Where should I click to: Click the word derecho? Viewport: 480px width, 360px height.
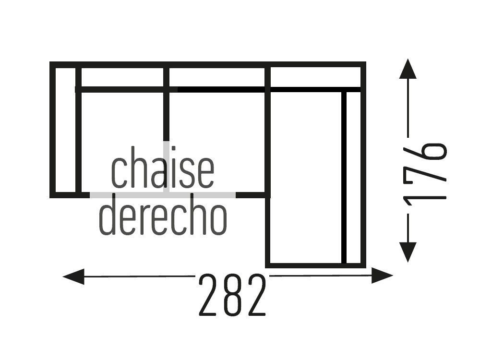tap(163, 214)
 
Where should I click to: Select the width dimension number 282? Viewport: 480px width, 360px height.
tap(232, 295)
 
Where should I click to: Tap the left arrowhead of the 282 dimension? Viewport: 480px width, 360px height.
tap(73, 277)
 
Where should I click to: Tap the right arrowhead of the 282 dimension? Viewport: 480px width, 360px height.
tap(382, 276)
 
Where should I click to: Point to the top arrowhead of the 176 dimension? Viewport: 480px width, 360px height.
tap(408, 69)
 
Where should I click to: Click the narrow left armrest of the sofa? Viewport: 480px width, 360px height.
tap(65, 130)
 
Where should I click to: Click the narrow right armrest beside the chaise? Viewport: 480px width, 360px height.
tap(354, 177)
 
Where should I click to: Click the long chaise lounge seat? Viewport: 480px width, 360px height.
tap(306, 177)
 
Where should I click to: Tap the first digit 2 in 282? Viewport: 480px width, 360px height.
tap(210, 295)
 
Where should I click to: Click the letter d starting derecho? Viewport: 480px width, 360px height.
tap(107, 214)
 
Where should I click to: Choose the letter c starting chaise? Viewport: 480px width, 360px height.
tap(119, 172)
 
